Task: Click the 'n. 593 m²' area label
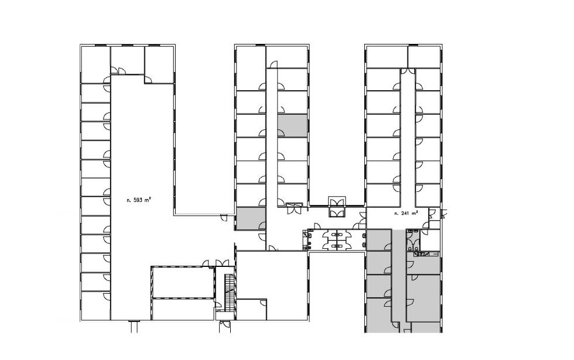pos(139,200)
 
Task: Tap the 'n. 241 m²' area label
pos(405,213)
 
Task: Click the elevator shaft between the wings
pos(337,207)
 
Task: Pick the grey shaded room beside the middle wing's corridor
pos(292,125)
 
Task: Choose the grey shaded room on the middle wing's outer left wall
pos(251,218)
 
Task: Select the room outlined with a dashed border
pos(183,282)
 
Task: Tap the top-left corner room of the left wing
pos(95,65)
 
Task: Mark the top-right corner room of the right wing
pos(424,57)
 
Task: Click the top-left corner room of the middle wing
pos(251,68)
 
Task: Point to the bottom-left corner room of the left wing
pos(95,306)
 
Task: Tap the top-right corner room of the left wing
pos(159,65)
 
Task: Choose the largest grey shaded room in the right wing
pos(423,298)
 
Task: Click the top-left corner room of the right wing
pos(387,57)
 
